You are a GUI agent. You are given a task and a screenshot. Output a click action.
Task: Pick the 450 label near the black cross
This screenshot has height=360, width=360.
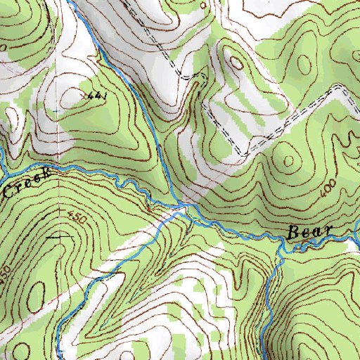77,219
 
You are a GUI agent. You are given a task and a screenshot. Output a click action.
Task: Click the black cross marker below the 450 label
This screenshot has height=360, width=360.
53,238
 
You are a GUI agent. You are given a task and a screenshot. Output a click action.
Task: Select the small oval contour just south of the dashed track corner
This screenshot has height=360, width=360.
236,63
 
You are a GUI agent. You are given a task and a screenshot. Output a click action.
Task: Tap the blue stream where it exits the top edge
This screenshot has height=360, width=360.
72,2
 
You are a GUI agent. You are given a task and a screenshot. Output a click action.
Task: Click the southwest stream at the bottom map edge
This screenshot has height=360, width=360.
60,356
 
